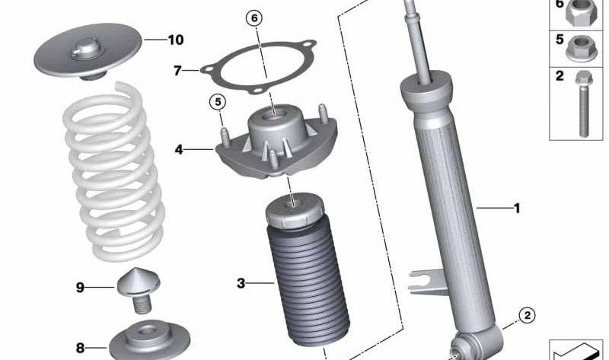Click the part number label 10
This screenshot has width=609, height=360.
click(x=175, y=38)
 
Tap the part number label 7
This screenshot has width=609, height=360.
click(x=177, y=71)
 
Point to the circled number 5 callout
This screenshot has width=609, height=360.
click(x=218, y=100)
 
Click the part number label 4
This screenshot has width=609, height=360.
click(x=179, y=150)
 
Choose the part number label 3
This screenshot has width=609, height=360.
click(x=241, y=284)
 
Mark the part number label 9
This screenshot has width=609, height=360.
click(x=80, y=287)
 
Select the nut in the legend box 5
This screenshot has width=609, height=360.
click(x=583, y=48)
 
